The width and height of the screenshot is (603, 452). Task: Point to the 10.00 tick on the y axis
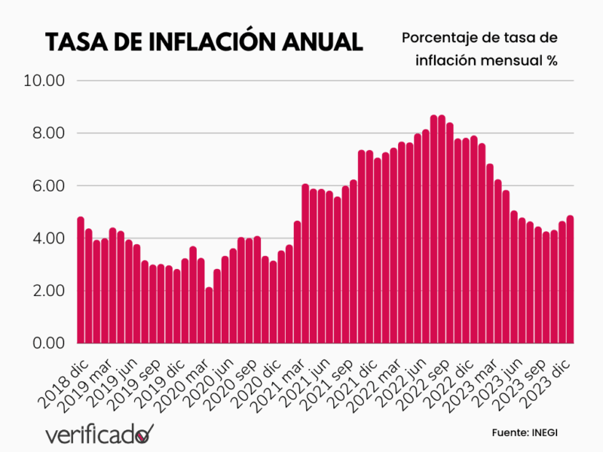point(46,81)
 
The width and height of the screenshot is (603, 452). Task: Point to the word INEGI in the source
point(544,432)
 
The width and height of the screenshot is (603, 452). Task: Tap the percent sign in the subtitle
point(552,61)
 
